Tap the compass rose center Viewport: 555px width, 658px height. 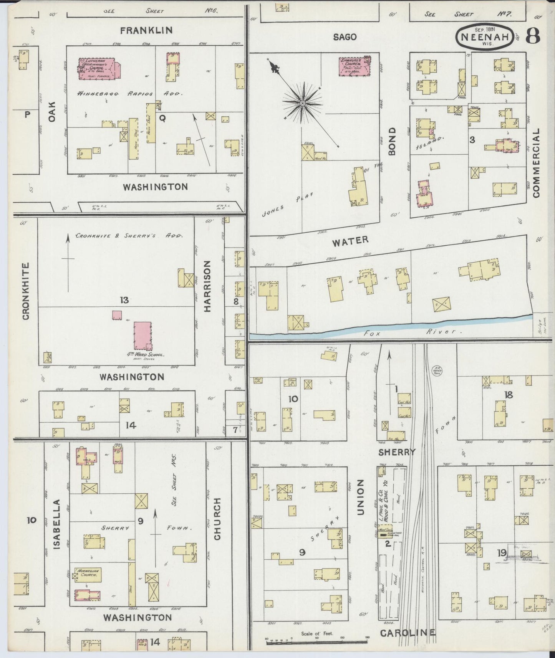302,103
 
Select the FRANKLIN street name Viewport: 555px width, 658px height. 146,30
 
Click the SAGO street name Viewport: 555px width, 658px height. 345,37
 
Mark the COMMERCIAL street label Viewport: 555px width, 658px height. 536,163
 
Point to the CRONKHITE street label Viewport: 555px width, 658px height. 26,291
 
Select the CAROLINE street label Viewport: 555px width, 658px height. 408,633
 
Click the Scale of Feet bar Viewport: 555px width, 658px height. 316,640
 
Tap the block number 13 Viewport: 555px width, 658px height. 124,300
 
